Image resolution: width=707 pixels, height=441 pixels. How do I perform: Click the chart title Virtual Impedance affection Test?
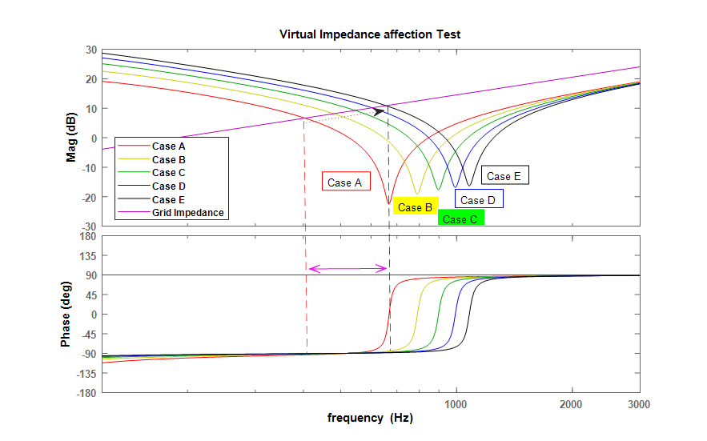(x=370, y=34)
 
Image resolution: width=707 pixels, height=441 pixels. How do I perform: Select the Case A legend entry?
(x=151, y=146)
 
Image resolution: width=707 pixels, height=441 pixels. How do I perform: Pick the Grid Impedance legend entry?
(x=171, y=212)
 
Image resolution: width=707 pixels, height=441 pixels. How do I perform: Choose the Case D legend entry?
(x=151, y=186)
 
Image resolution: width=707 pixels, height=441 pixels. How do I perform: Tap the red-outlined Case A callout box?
(x=346, y=181)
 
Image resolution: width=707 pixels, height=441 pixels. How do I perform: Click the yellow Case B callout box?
(x=416, y=206)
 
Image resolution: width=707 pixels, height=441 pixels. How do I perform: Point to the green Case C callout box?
(x=460, y=218)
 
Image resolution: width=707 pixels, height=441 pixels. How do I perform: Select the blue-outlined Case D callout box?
(x=479, y=198)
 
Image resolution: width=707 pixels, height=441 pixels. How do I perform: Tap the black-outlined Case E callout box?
(x=504, y=175)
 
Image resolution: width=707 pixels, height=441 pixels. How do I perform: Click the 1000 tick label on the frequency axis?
(x=456, y=404)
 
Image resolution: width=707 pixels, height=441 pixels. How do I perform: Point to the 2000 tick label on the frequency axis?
(x=571, y=404)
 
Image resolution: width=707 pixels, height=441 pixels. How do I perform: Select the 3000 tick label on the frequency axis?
(x=638, y=404)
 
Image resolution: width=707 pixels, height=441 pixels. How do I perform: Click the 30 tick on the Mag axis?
(x=91, y=50)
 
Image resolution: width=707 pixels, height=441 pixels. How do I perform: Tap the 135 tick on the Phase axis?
(x=89, y=255)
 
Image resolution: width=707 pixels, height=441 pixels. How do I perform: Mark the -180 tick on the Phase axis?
(x=87, y=393)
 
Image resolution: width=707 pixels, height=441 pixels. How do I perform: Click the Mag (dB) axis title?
(x=71, y=137)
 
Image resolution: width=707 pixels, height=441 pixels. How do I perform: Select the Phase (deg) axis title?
(x=66, y=315)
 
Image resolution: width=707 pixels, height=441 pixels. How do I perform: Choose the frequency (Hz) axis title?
(x=370, y=418)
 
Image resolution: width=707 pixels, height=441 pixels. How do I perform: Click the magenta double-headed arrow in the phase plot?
(x=347, y=269)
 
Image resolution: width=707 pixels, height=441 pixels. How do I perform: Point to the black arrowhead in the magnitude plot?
(x=379, y=111)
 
